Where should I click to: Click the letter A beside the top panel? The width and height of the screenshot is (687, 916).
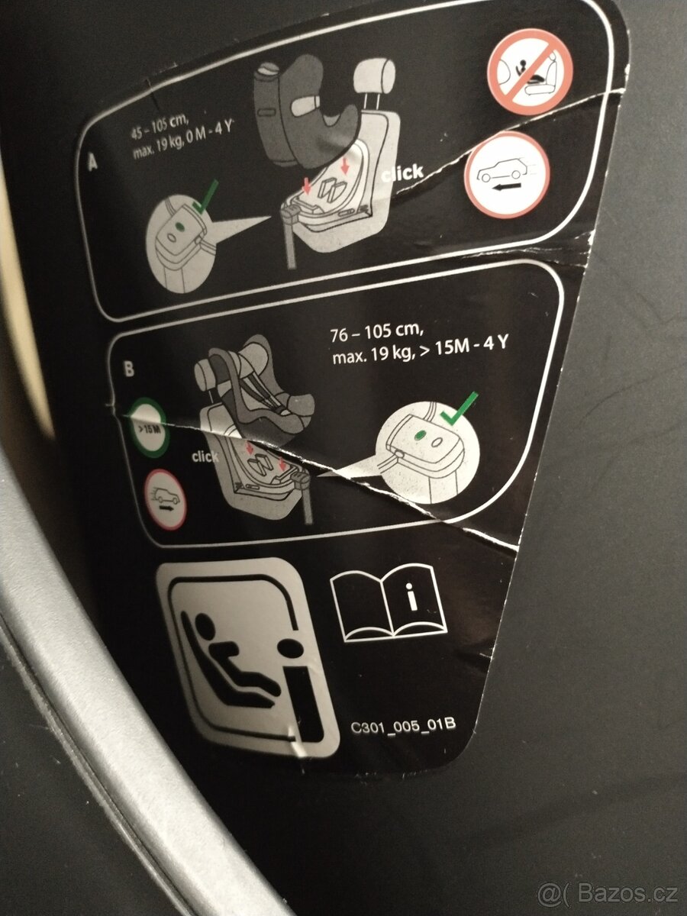tap(94, 163)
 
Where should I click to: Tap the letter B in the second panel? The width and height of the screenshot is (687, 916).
tap(129, 369)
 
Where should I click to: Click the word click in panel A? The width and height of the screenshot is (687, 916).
tap(402, 174)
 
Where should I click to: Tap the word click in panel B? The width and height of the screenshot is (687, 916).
tap(205, 456)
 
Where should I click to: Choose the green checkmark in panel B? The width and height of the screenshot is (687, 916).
tap(458, 411)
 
